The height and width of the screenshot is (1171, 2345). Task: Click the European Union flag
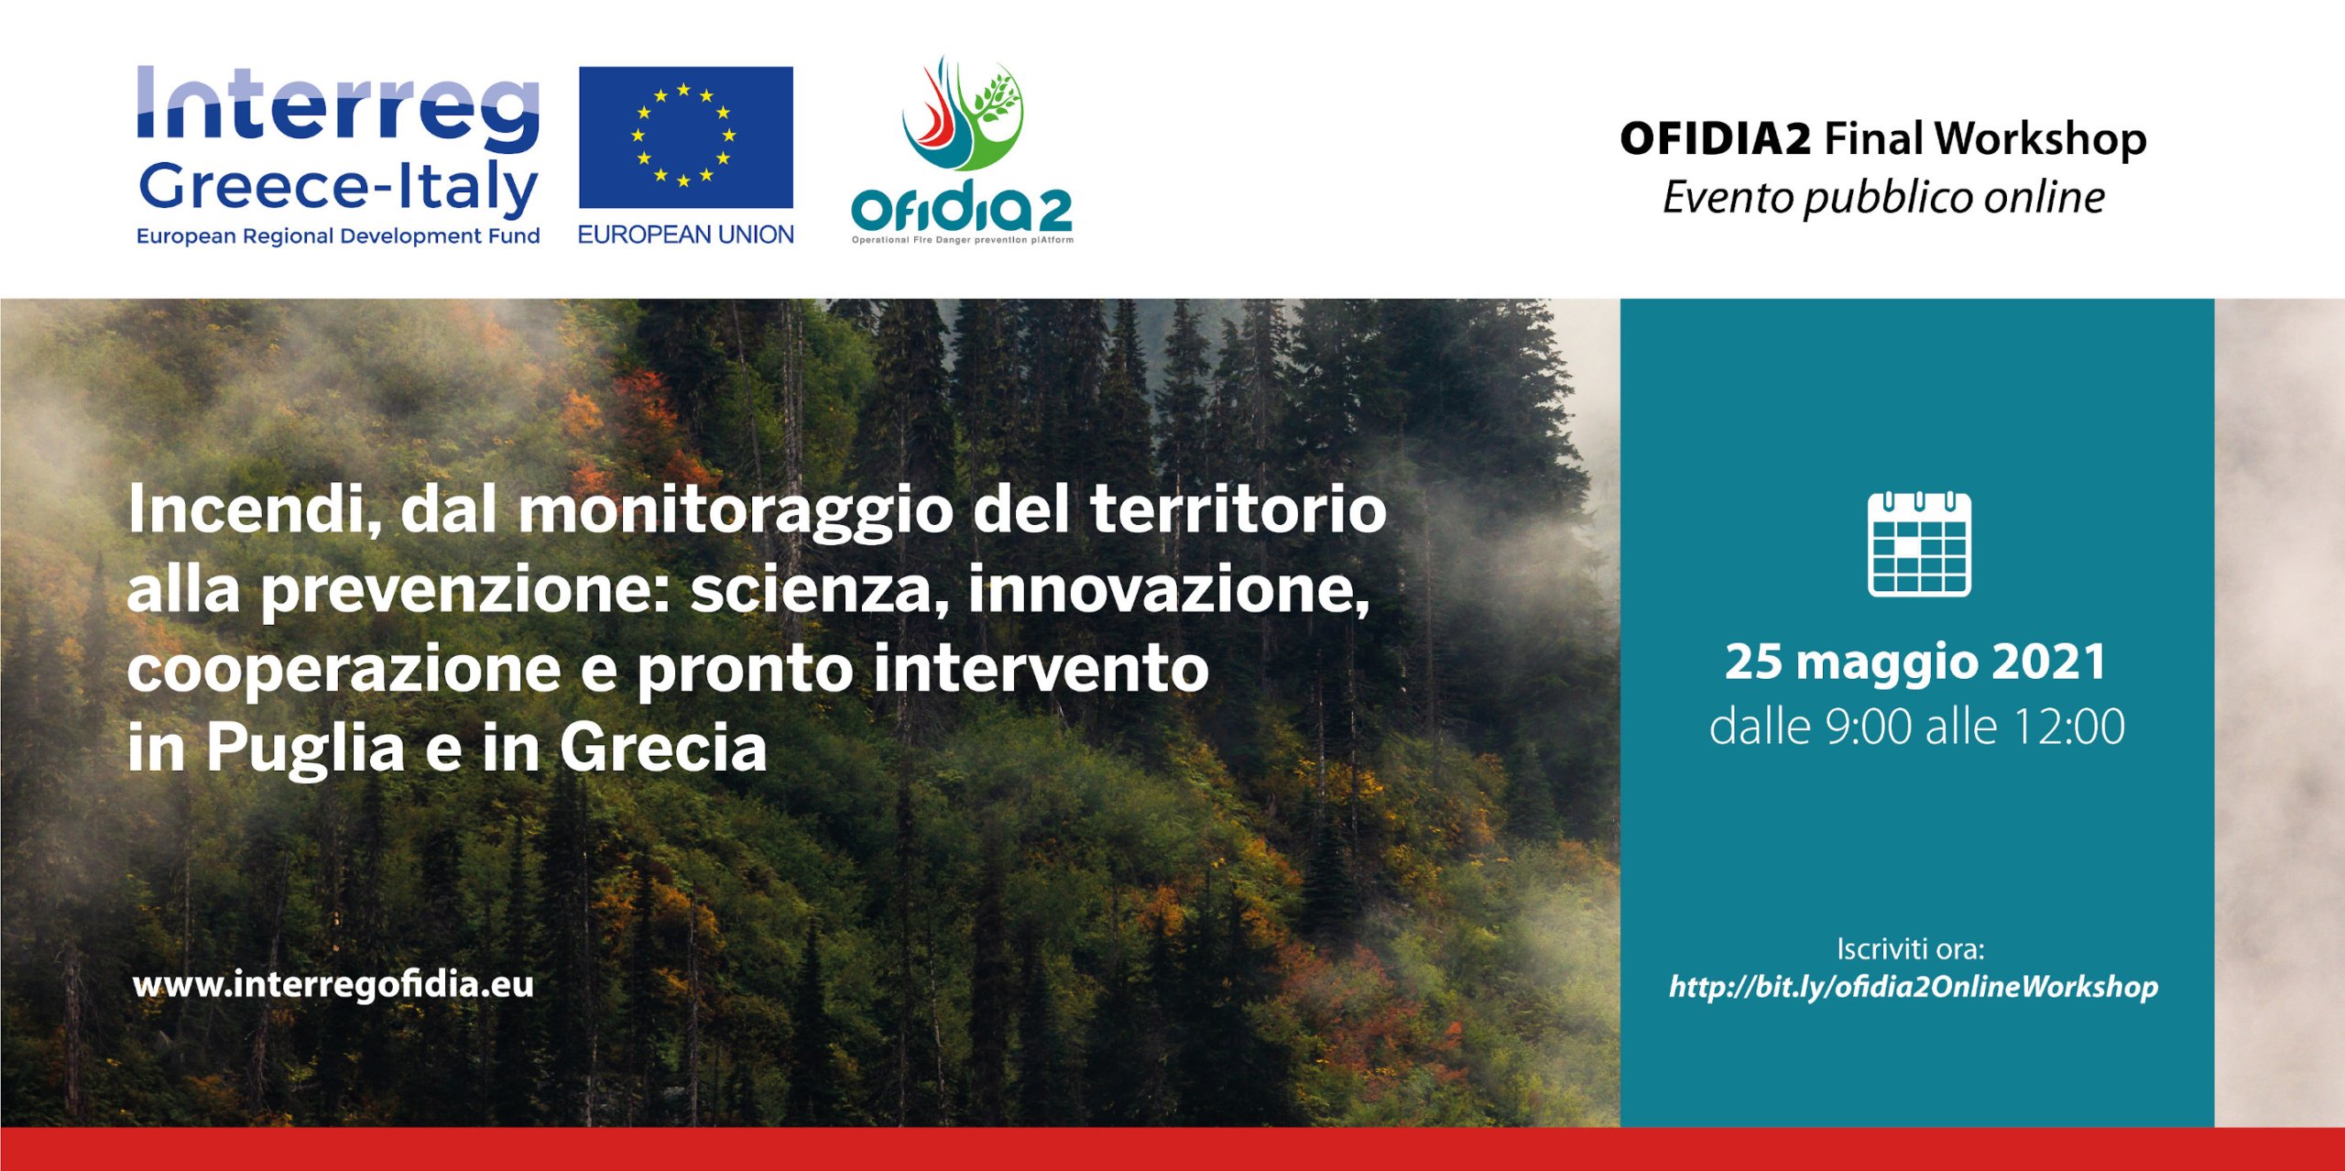pyautogui.click(x=685, y=137)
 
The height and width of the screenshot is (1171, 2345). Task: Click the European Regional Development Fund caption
pyautogui.click(x=338, y=236)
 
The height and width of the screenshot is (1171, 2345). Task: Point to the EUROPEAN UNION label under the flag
pyautogui.click(x=685, y=235)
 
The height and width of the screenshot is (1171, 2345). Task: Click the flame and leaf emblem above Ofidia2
pyautogui.click(x=962, y=114)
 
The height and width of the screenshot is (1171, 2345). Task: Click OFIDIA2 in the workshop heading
pyautogui.click(x=1715, y=138)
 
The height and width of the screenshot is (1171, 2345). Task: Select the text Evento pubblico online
pyautogui.click(x=1883, y=198)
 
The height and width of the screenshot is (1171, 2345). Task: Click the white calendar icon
pyautogui.click(x=1919, y=544)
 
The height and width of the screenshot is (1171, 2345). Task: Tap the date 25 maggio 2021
pyautogui.click(x=1916, y=662)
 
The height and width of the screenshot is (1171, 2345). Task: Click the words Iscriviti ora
pyautogui.click(x=1911, y=949)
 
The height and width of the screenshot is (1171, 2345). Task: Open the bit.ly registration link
pyautogui.click(x=1914, y=987)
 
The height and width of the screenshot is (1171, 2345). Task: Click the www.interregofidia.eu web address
pyautogui.click(x=333, y=984)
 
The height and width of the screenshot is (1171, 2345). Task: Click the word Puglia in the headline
pyautogui.click(x=305, y=749)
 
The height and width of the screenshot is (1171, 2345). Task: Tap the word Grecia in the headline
pyautogui.click(x=663, y=749)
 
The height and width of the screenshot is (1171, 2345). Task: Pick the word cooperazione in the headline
pyautogui.click(x=344, y=670)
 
